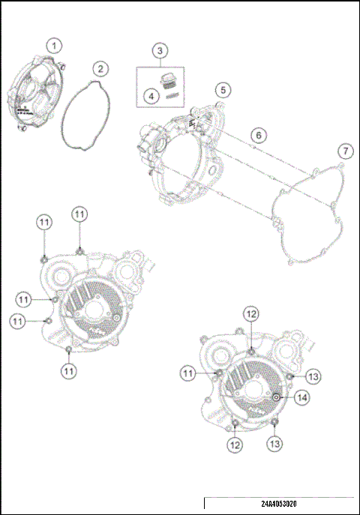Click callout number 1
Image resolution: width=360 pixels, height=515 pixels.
point(52,45)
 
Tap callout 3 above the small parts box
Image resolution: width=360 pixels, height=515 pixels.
point(159,51)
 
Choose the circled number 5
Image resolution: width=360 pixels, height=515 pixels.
point(221,91)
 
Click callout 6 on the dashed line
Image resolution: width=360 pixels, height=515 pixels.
point(257,136)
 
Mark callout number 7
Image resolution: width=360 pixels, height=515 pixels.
point(344,151)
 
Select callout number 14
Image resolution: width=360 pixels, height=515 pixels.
point(301,398)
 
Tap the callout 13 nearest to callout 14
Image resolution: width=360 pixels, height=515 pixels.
point(313,376)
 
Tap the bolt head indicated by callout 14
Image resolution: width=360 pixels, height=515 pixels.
point(277,397)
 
